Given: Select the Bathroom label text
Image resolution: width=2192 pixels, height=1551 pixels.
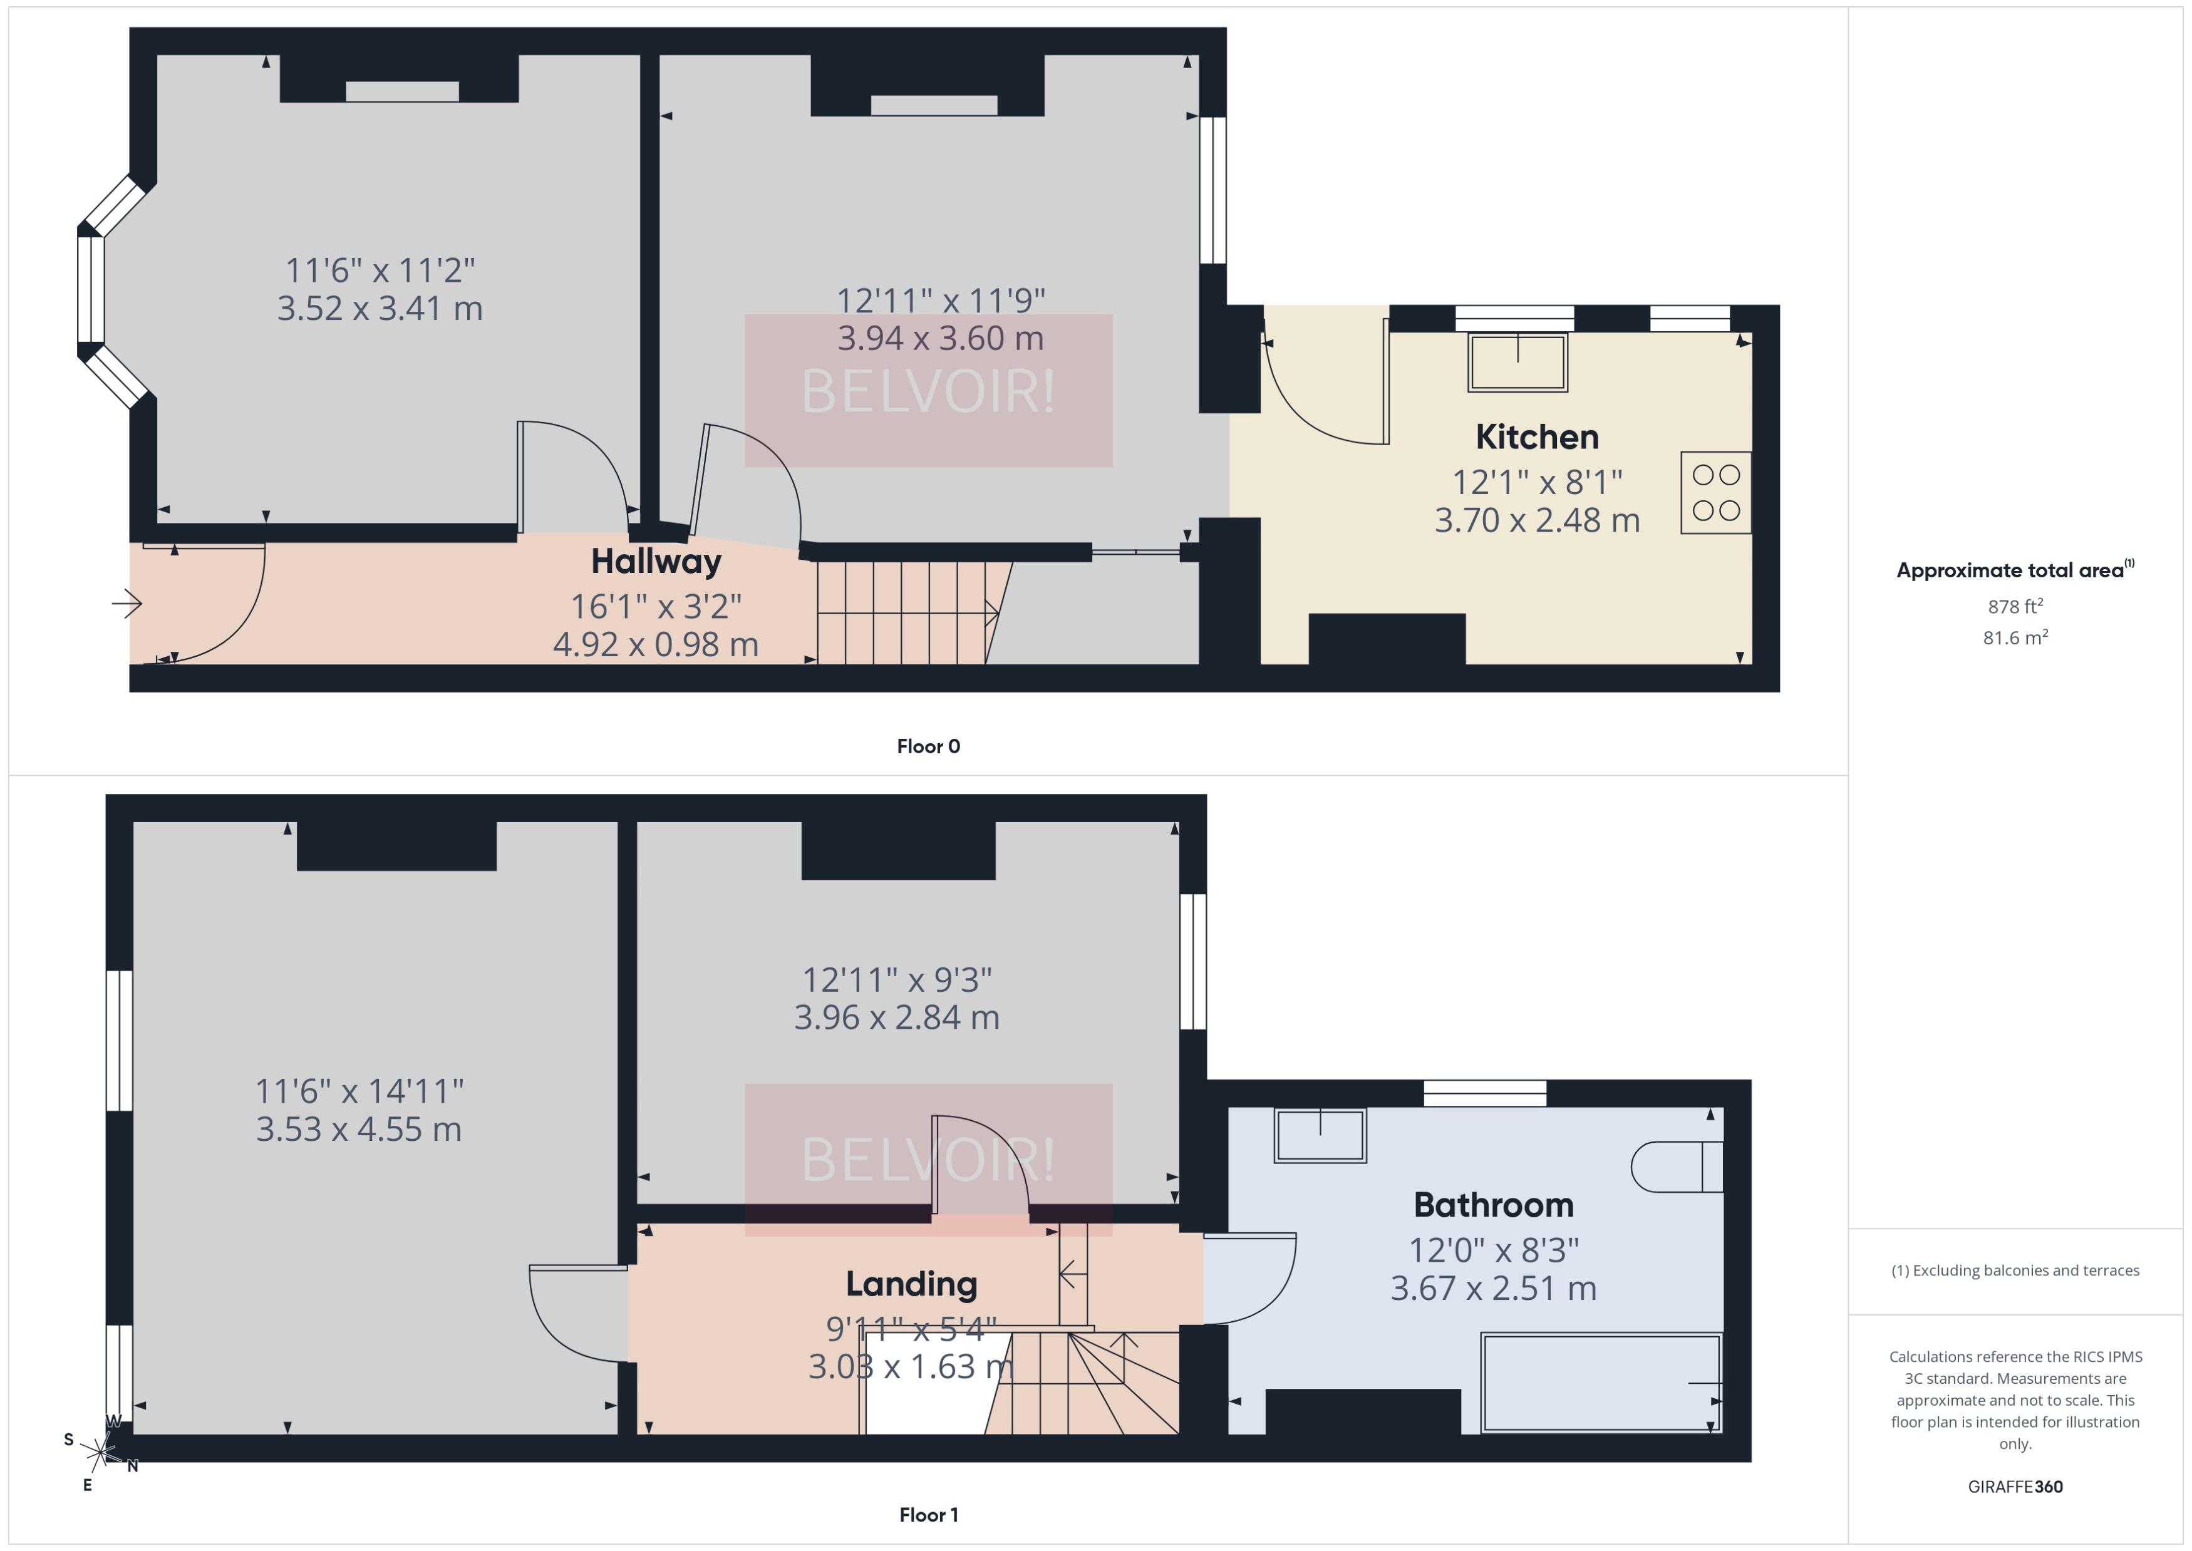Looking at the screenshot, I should click(1493, 1205).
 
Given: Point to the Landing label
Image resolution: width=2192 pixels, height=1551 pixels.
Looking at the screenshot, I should click(911, 1284).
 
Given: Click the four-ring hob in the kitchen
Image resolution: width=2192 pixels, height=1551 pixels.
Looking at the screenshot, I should click(1715, 493).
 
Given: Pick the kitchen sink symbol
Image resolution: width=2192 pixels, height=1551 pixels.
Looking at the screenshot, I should click(1517, 362).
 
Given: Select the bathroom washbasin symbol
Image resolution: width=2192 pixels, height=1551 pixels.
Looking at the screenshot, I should click(1320, 1136).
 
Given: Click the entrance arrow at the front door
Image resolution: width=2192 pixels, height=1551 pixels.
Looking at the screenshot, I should click(127, 604).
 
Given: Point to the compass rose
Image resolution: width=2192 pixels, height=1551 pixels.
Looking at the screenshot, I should click(100, 1453).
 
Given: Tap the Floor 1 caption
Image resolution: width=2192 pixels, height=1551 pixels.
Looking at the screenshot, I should click(928, 1515).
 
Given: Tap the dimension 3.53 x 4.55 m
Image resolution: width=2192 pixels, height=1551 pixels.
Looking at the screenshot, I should click(358, 1130).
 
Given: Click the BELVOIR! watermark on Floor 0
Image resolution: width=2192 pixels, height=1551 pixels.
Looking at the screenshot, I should click(928, 391).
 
